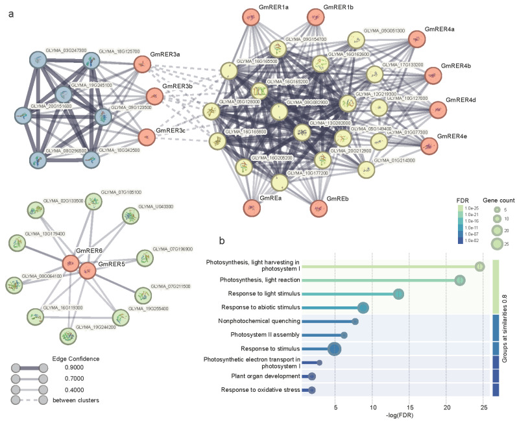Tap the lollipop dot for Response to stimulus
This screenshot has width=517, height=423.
click(x=335, y=349)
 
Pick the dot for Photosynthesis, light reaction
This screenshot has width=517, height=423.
click(x=460, y=280)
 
